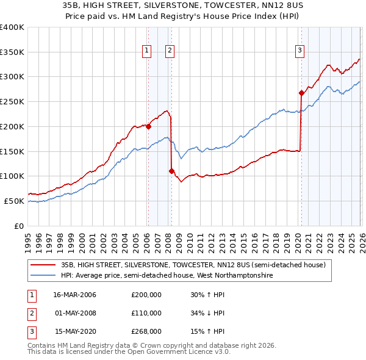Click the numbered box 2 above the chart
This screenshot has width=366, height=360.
pyautogui.click(x=170, y=51)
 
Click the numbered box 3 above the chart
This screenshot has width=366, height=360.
pyautogui.click(x=300, y=51)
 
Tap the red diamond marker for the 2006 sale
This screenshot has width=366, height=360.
pyautogui.click(x=148, y=127)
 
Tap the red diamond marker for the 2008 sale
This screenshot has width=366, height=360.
pyautogui.click(x=171, y=171)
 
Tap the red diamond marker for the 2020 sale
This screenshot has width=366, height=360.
pyautogui.click(x=301, y=93)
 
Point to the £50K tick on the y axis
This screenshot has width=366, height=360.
pyautogui.click(x=14, y=201)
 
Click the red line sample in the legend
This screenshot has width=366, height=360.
pyautogui.click(x=44, y=265)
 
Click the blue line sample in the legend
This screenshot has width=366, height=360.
pyautogui.click(x=44, y=276)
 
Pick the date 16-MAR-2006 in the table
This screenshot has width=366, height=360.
pyautogui.click(x=75, y=295)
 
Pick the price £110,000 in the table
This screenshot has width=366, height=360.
pyautogui.click(x=146, y=313)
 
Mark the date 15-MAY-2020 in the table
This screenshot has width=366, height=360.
pyautogui.click(x=75, y=331)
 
